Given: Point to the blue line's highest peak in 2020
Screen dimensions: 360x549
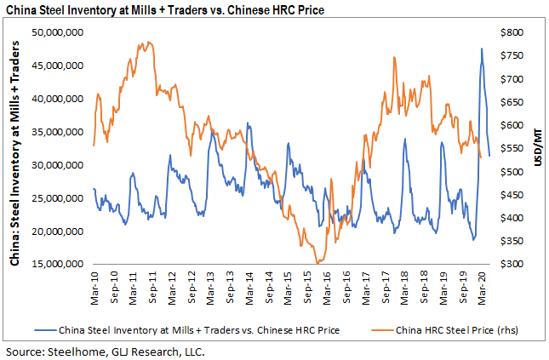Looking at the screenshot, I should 482,49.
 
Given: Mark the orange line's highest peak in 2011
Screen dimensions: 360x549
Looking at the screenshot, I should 148,42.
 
